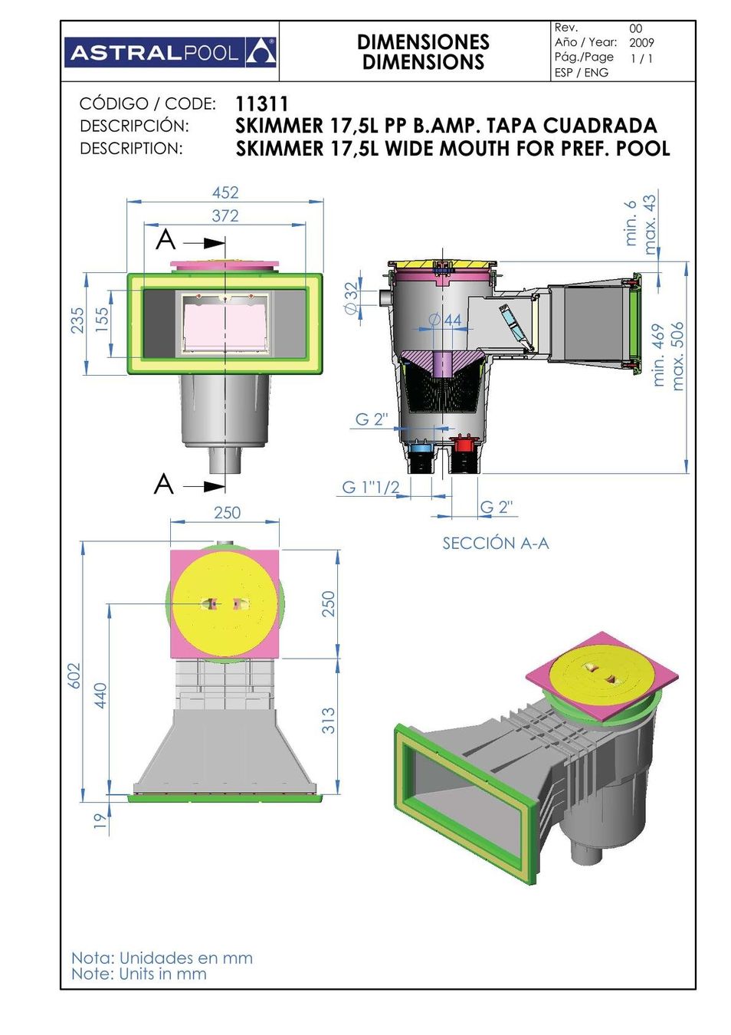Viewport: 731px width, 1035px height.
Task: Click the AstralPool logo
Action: [x=170, y=53]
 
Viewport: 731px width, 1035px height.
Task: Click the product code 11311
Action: [x=262, y=104]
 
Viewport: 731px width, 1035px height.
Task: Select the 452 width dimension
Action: [x=225, y=192]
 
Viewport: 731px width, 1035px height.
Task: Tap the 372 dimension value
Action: [x=225, y=215]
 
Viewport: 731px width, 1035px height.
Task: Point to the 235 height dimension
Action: [x=77, y=320]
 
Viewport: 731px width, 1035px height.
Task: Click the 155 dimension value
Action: [x=101, y=320]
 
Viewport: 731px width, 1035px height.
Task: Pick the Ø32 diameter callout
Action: [x=351, y=298]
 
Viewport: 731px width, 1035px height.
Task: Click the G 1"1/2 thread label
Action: [x=370, y=487]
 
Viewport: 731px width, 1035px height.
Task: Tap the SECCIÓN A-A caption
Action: [x=496, y=544]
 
